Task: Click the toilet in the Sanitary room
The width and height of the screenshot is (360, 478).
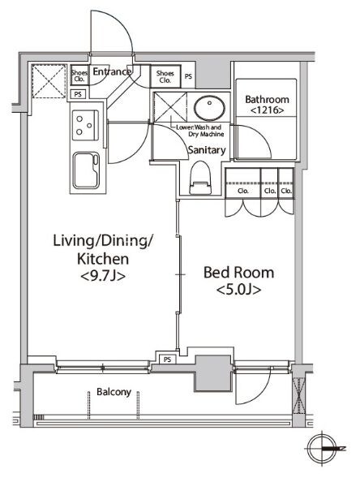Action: [200, 178]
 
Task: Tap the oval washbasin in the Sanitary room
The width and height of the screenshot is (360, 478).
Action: [209, 108]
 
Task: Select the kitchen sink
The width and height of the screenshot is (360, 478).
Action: [86, 170]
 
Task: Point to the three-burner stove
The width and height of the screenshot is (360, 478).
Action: [85, 125]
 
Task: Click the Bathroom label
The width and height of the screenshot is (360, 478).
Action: [267, 99]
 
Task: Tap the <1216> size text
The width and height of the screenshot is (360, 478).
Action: [267, 110]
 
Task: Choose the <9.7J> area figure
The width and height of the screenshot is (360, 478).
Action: [103, 276]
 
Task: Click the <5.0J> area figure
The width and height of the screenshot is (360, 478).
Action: [238, 290]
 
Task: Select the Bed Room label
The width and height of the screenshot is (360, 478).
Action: [238, 272]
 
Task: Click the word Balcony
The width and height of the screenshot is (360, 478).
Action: [114, 392]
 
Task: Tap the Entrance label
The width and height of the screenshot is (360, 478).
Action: [112, 71]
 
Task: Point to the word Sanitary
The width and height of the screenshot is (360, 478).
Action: [207, 150]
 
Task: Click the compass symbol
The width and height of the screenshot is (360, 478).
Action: [322, 449]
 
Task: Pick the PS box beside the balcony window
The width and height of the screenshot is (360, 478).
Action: [167, 360]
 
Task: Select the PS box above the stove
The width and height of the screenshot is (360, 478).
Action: [78, 94]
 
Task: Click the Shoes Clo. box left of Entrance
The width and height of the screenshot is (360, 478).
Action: [79, 75]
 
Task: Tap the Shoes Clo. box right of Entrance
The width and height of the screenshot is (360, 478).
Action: [165, 76]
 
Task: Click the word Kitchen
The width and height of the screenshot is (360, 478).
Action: [103, 259]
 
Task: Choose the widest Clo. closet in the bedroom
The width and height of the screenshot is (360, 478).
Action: [243, 183]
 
